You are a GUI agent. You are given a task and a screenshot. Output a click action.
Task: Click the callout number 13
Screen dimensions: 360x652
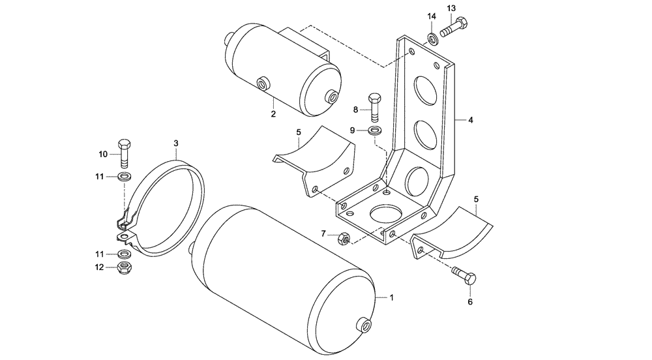coord(451,8)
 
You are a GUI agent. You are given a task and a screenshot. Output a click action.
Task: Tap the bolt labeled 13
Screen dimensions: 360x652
coord(455,27)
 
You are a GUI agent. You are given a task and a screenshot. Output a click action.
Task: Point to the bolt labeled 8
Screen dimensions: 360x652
coord(374,107)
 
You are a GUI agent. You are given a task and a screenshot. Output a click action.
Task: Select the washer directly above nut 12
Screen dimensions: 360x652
coord(124,254)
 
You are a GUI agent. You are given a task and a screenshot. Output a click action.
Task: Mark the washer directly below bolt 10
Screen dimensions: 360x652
coord(124,177)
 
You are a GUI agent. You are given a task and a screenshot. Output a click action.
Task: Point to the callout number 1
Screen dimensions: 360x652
coord(392,297)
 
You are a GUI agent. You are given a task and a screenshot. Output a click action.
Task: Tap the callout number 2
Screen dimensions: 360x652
coord(274,114)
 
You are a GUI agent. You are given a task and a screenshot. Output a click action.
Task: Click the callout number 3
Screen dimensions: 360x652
coord(176,143)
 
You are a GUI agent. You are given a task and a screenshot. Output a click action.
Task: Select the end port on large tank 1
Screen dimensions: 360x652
coord(363,324)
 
